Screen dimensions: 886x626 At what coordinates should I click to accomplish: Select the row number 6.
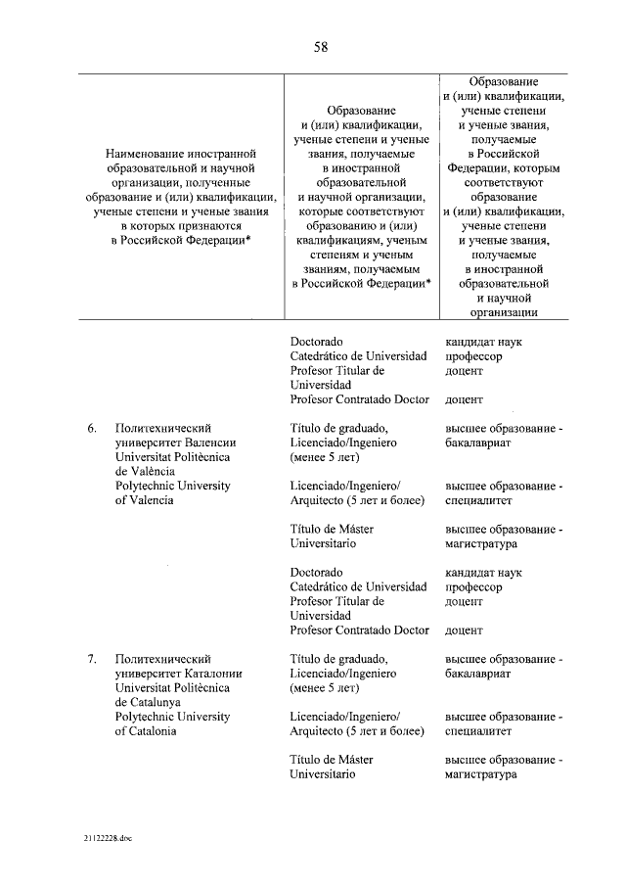92,428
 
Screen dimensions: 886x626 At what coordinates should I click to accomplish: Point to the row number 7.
92,659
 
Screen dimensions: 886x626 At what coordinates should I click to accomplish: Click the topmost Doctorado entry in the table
317,342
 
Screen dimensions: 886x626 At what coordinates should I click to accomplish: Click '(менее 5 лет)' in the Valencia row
326,457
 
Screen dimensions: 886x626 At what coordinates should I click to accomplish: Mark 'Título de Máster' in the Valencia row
333,529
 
